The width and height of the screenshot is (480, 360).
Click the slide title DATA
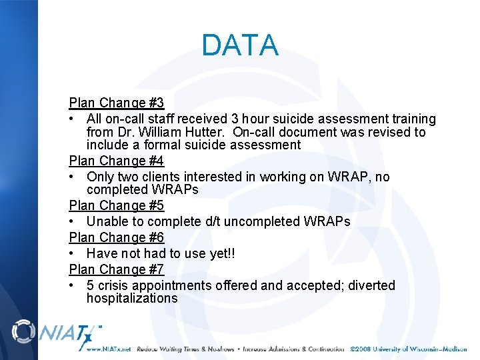(240, 45)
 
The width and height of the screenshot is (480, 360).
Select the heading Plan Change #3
(117, 103)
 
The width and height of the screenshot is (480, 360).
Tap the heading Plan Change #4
(117, 161)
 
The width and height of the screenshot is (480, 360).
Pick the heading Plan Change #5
(117, 206)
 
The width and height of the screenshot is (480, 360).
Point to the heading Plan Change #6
(117, 237)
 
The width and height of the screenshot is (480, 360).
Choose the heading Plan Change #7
(117, 269)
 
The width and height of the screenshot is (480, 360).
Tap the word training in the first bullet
(412, 119)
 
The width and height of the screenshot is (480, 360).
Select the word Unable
(107, 221)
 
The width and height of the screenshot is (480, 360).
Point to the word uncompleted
(261, 221)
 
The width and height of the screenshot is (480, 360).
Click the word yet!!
(220, 253)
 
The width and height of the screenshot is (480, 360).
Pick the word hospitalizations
(132, 298)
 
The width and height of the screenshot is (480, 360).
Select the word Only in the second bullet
(100, 177)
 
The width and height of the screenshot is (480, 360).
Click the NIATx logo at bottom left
(57, 333)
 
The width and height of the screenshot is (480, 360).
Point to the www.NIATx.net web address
(108, 349)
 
